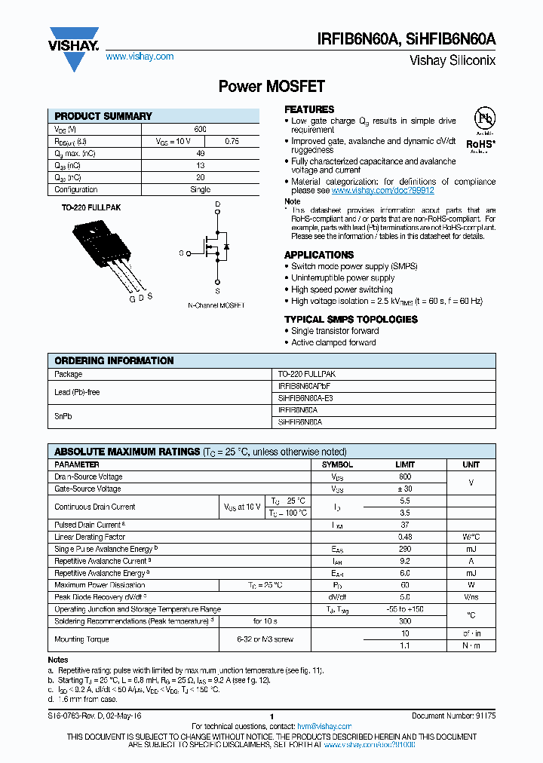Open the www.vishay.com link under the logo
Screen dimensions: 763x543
140,57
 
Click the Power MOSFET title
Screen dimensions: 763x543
271,87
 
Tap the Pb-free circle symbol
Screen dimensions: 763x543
483,119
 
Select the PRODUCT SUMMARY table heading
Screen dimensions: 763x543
103,116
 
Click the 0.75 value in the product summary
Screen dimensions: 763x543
232,141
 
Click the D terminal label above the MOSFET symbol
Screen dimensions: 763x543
217,204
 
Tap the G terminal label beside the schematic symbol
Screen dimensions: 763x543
181,253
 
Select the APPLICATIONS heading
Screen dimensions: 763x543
319,255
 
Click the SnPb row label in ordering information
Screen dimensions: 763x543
63,416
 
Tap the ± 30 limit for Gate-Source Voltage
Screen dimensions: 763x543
405,489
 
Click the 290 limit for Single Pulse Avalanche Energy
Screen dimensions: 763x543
405,549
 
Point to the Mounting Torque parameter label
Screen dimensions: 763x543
81,639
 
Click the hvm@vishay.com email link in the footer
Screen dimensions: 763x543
320,725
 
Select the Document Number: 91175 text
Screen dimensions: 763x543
454,716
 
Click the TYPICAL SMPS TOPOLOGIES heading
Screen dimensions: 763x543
351,319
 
